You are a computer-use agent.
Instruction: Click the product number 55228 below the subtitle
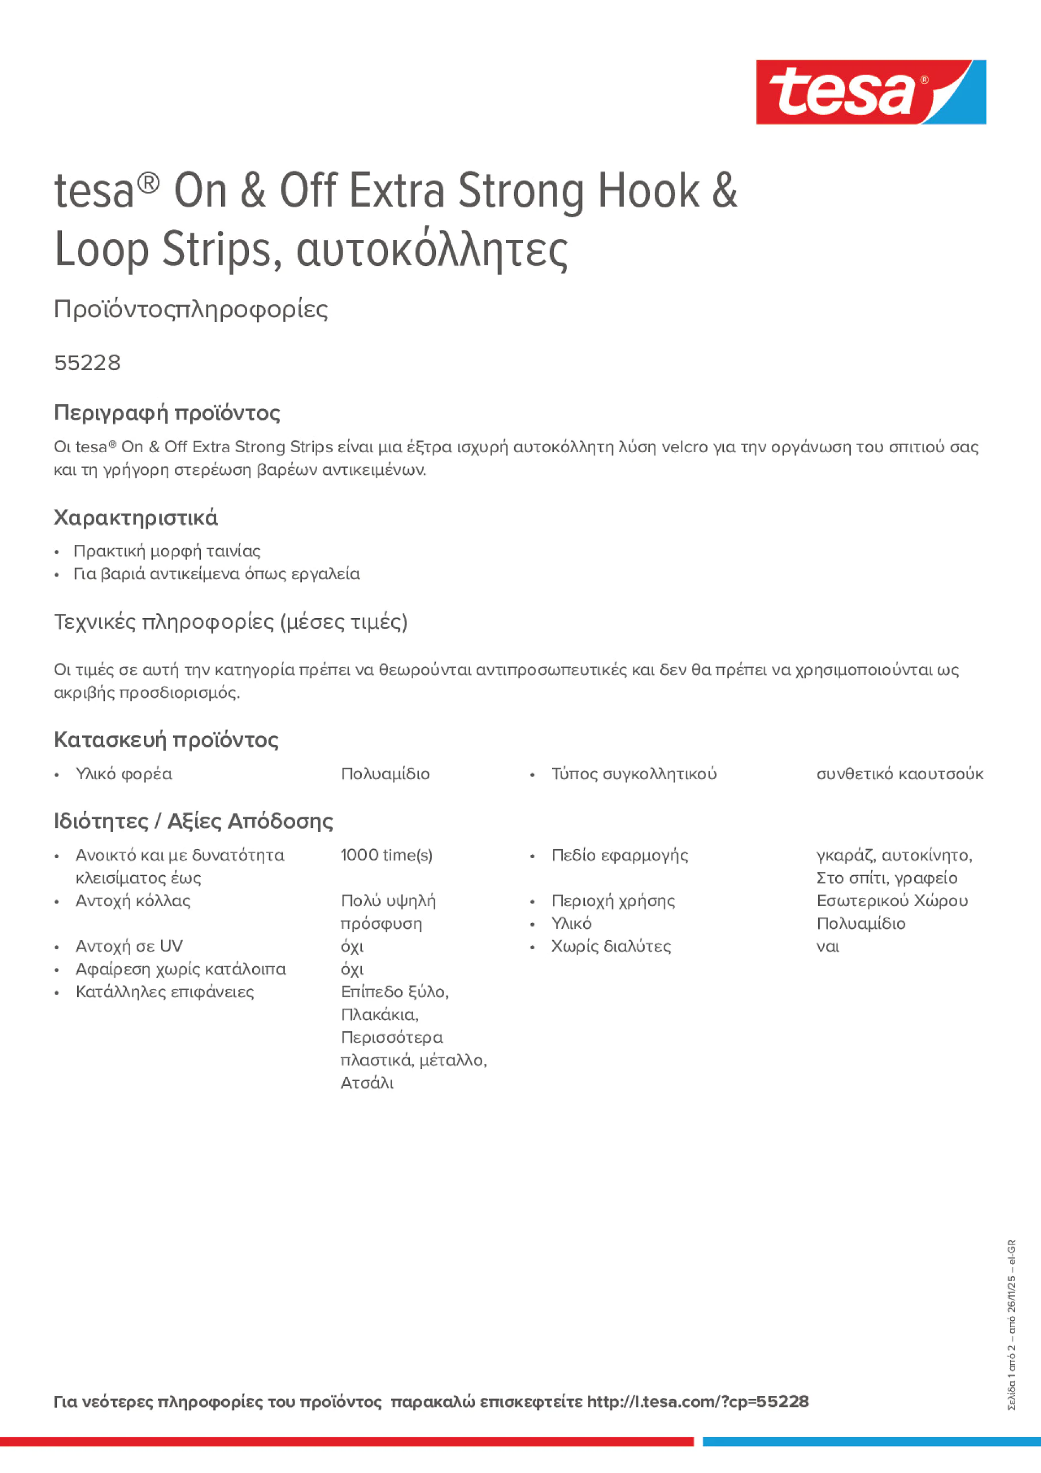coord(87,363)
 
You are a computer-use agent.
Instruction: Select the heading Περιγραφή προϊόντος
coord(167,413)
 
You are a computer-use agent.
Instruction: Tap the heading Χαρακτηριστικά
coord(135,518)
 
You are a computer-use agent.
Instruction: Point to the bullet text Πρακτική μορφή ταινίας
coord(167,551)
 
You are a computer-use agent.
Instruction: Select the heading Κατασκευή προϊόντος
coord(166,740)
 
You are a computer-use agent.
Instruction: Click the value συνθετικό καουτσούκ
coord(899,774)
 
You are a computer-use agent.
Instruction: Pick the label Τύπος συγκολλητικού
coord(633,774)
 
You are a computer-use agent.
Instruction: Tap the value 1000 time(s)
coord(386,855)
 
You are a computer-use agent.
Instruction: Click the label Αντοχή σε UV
coord(129,946)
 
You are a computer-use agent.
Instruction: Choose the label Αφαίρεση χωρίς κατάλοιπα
coord(180,969)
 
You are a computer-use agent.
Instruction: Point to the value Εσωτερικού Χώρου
coord(891,901)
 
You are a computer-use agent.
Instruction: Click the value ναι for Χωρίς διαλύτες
coord(828,947)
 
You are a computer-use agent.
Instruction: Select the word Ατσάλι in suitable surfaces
coord(367,1083)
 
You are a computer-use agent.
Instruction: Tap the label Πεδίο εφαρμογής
coord(620,855)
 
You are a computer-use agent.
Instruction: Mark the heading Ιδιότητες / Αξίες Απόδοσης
coord(193,821)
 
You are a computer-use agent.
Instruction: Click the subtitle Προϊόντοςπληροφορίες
coord(191,309)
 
